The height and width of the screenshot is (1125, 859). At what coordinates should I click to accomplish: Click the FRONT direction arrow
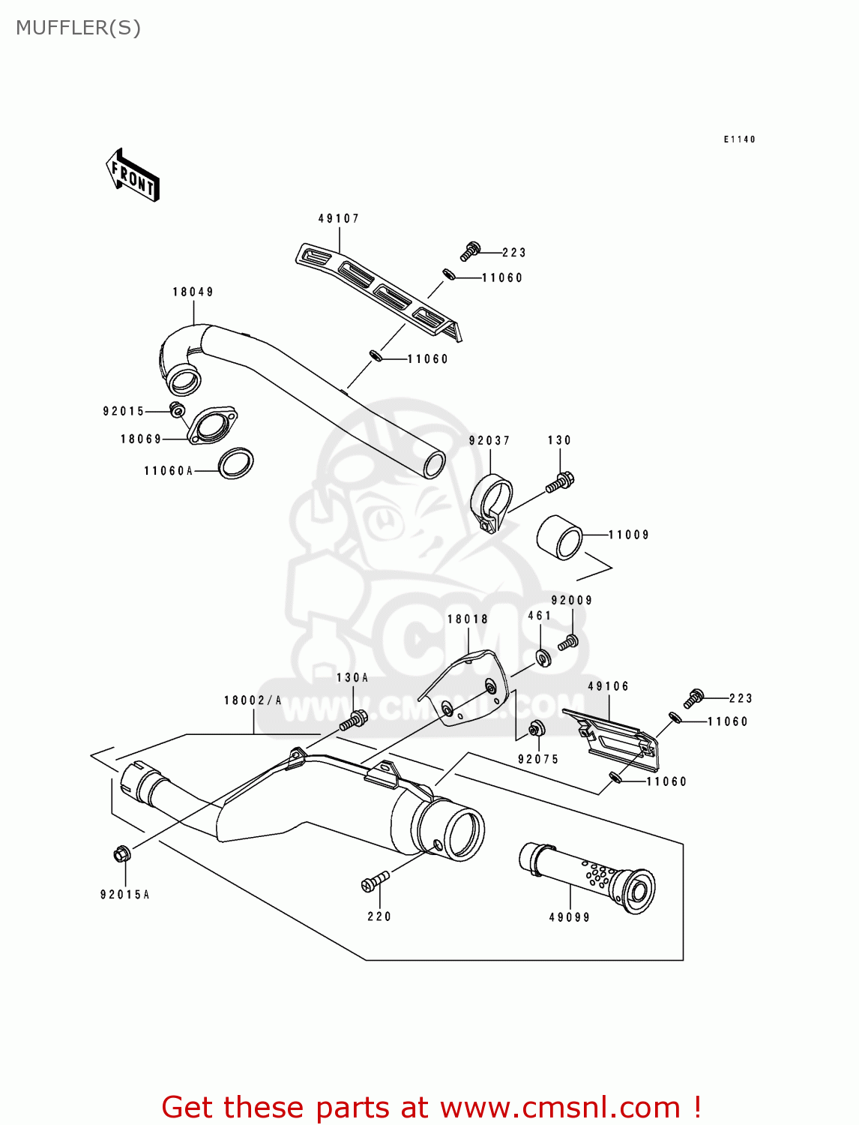tap(133, 175)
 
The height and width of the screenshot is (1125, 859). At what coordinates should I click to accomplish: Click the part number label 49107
tap(339, 218)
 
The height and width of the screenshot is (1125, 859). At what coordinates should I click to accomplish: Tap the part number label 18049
tap(193, 292)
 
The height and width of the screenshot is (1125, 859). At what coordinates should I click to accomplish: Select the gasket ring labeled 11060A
tap(235, 463)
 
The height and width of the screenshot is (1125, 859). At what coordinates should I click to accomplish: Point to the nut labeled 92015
tap(178, 409)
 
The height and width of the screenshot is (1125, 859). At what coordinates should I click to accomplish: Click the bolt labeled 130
tap(560, 481)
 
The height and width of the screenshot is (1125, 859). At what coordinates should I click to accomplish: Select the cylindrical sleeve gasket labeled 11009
tap(560, 537)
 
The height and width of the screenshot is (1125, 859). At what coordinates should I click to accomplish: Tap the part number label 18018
tap(468, 619)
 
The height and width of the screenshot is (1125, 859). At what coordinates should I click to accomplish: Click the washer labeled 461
tap(543, 658)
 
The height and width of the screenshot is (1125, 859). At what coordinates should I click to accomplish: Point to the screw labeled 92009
tap(568, 643)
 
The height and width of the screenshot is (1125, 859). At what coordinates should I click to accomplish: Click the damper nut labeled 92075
tap(536, 728)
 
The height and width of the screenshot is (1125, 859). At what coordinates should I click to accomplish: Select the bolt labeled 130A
tap(352, 720)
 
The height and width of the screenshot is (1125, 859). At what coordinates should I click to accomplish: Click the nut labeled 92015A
tap(122, 853)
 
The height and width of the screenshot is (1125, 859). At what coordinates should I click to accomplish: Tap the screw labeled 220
tap(375, 881)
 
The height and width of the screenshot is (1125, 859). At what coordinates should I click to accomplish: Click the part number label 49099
tap(570, 916)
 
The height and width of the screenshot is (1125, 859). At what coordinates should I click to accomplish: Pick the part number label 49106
tap(609, 686)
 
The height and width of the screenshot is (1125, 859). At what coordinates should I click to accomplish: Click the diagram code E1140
tap(739, 139)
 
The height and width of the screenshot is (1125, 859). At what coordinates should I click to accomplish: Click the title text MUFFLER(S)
tap(78, 28)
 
